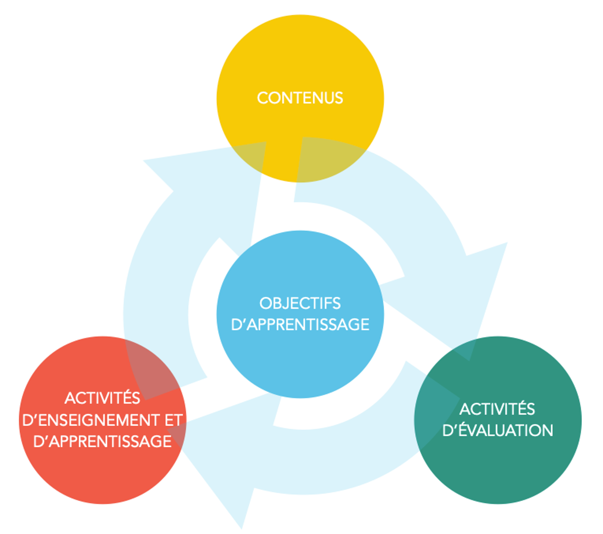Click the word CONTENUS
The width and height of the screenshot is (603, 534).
[300, 98]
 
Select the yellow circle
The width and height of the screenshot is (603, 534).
[300, 59]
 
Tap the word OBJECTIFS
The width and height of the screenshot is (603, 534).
[300, 303]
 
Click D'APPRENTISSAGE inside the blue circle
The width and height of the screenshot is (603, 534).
[300, 324]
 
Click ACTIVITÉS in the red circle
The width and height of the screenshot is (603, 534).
[102, 398]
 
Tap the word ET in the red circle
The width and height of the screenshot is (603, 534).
[173, 420]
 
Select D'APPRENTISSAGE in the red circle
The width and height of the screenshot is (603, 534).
[102, 441]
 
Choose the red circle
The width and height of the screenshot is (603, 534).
[102, 475]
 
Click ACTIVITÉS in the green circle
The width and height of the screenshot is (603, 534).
[497, 409]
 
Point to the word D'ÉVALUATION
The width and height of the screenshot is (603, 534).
[497, 430]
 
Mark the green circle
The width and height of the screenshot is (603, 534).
[497, 470]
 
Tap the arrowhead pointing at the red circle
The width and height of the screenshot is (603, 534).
[222, 475]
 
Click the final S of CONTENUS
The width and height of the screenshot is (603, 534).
[339, 98]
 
